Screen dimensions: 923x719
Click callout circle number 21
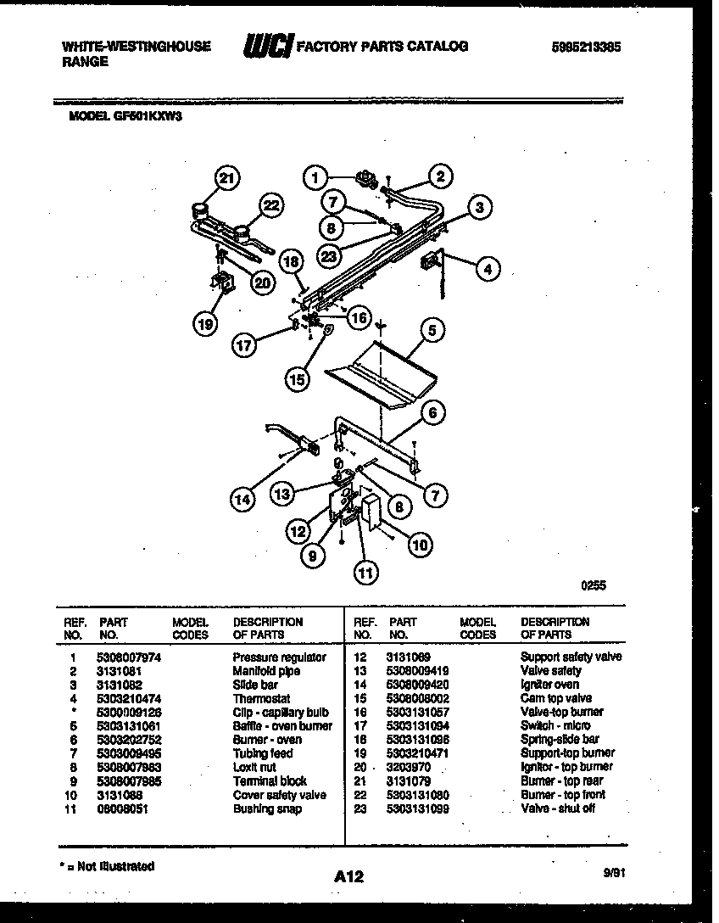[226, 178]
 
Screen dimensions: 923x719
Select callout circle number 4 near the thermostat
[486, 270]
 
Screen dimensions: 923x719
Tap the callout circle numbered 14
[243, 500]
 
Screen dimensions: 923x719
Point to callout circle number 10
[419, 545]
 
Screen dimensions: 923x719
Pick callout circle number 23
[331, 255]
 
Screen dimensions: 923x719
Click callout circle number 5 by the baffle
[432, 331]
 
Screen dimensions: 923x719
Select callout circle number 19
[203, 323]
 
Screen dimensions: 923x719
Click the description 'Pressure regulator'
[279, 657]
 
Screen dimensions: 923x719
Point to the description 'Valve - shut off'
[557, 808]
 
